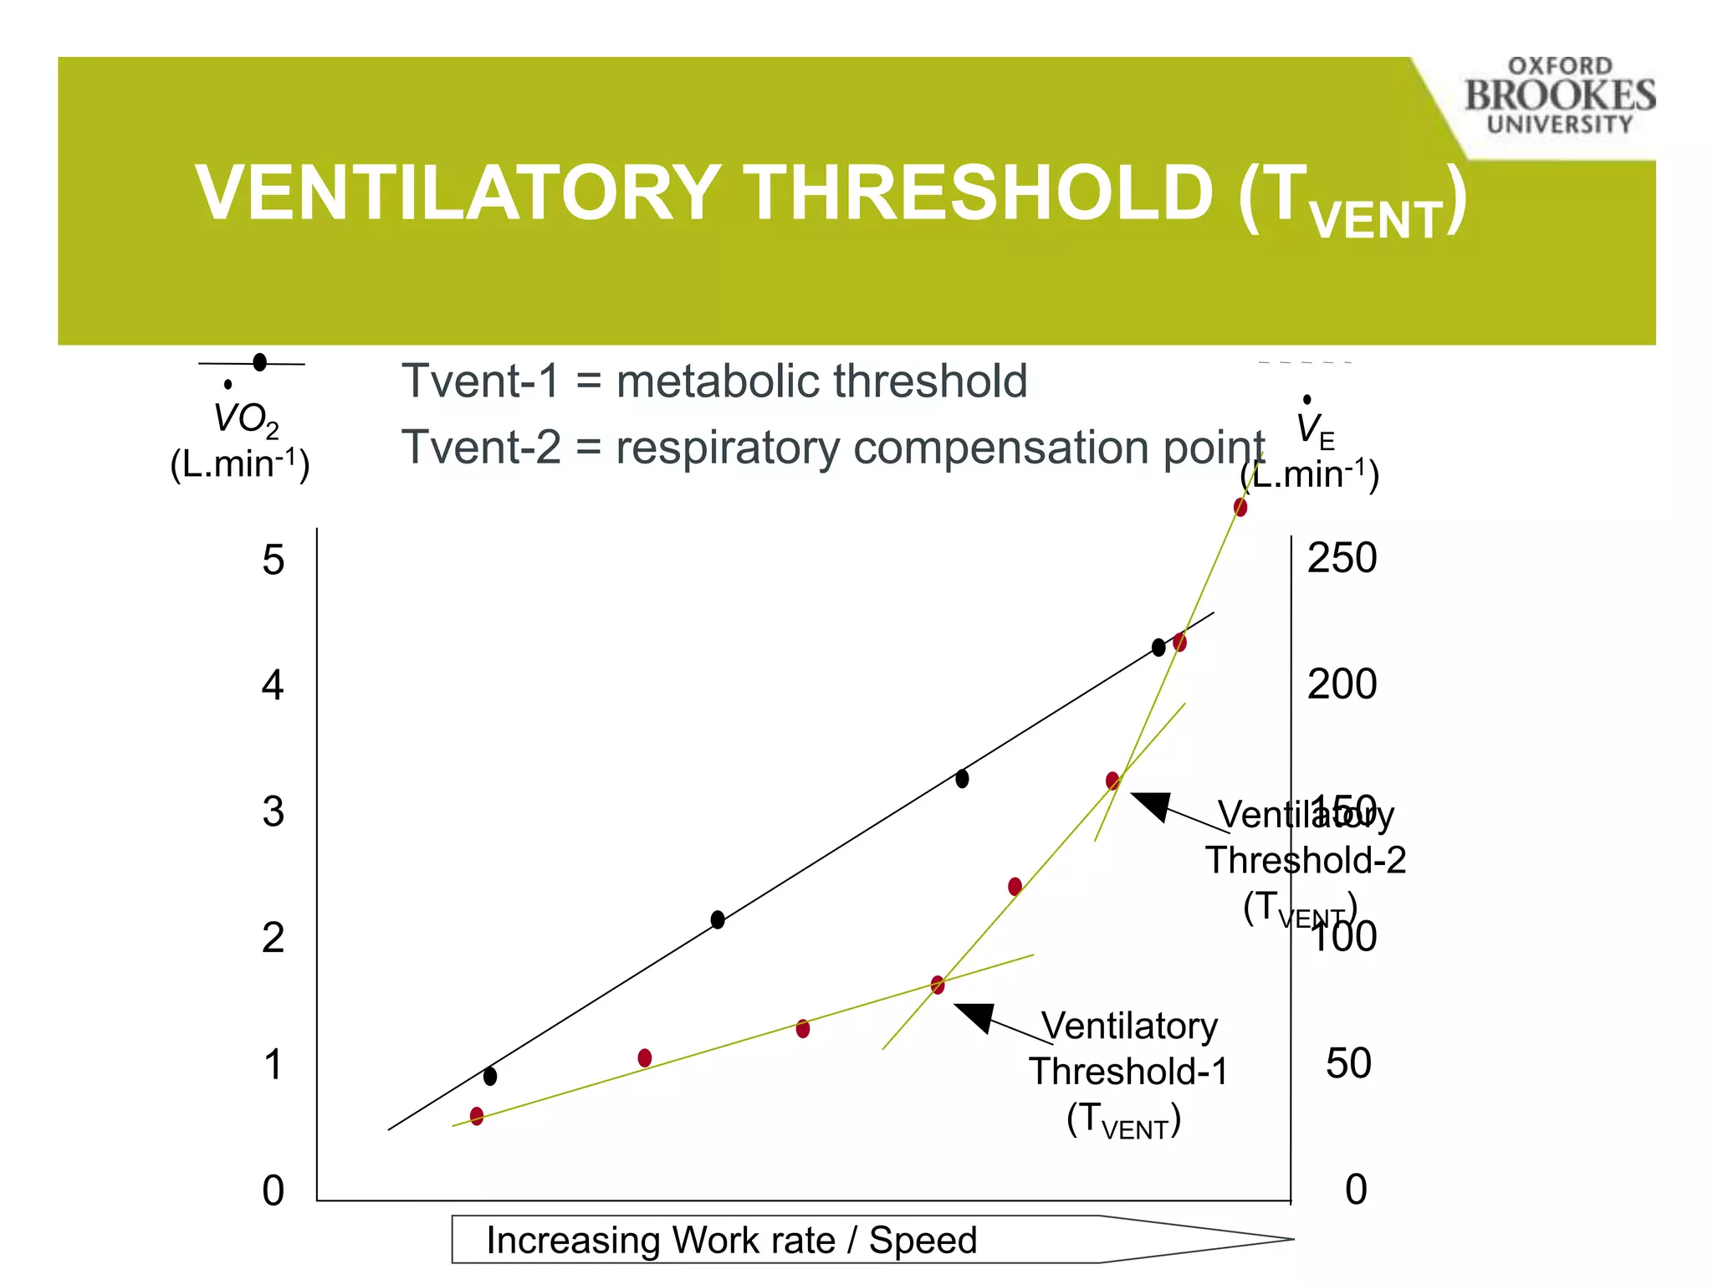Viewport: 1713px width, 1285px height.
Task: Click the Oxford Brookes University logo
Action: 1559,95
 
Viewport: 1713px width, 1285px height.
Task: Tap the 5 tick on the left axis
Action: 274,560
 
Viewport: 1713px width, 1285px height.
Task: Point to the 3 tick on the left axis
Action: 274,812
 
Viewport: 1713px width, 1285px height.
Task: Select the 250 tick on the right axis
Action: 1342,558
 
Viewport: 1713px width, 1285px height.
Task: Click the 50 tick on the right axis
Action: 1348,1063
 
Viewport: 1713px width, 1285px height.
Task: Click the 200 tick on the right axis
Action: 1342,684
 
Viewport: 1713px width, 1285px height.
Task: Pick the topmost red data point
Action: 1240,507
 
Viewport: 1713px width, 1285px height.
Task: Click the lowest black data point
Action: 490,1076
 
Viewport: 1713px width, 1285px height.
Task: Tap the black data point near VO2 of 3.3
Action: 962,779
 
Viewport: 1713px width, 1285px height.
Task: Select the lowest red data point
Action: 477,1115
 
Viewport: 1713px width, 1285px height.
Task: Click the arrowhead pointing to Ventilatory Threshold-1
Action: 975,1016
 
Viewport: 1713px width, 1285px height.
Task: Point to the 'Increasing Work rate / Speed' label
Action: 731,1240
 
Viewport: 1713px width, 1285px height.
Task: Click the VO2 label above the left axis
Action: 245,419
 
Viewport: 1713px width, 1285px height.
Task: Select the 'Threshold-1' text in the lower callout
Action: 1128,1072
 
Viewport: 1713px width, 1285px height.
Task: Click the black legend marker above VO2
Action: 259,362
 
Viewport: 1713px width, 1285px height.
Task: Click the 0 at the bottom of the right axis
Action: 1356,1190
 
